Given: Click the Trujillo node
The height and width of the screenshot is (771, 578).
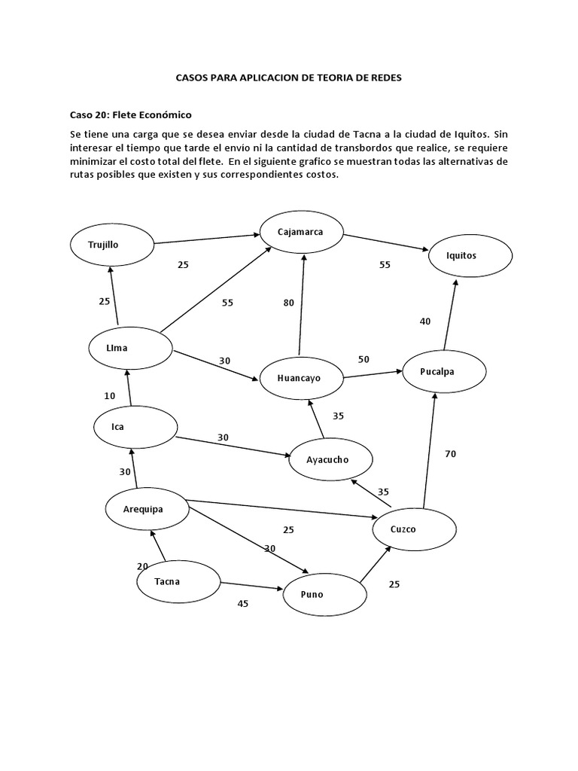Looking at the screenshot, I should click(111, 245).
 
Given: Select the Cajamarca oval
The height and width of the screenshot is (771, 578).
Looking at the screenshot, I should click(301, 232).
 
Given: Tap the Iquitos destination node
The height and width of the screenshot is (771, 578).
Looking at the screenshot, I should click(471, 256).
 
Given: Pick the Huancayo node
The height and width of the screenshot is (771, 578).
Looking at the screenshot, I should click(300, 378).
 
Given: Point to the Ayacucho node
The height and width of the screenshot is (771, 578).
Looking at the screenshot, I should click(329, 459).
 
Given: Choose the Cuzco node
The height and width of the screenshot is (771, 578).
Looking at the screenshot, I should click(415, 529).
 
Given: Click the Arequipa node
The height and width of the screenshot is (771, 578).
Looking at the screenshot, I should click(144, 509).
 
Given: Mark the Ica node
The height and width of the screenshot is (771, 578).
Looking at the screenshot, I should click(135, 427).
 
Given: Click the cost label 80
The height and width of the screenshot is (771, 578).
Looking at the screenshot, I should click(289, 303).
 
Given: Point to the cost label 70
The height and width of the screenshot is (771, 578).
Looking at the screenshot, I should click(450, 454).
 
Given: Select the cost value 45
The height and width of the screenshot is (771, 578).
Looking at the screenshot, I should click(242, 603).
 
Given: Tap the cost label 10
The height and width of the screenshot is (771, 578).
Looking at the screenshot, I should click(110, 395).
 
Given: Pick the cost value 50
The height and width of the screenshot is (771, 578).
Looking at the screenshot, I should click(364, 359).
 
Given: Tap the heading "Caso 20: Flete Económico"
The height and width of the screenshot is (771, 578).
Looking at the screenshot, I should click(131, 114).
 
